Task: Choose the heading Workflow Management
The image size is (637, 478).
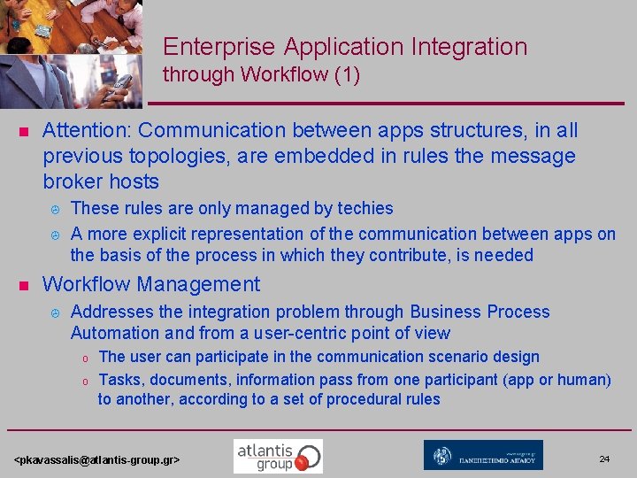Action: click(151, 284)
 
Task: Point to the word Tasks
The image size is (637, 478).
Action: click(119, 380)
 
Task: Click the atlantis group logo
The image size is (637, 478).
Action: click(278, 456)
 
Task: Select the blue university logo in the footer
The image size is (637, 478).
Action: click(483, 456)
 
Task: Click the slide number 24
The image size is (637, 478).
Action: click(604, 459)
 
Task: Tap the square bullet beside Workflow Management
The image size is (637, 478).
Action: click(25, 286)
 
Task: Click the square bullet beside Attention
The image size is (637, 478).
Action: click(25, 132)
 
